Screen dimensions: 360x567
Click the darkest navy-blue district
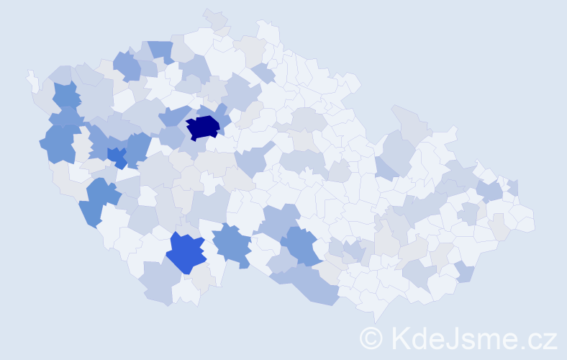[202, 127]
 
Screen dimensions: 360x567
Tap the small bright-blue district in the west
[117, 156]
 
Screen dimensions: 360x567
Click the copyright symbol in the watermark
[372, 337]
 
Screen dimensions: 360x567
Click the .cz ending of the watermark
[537, 337]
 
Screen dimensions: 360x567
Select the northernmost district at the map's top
[214, 18]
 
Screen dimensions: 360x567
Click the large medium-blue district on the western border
[59, 143]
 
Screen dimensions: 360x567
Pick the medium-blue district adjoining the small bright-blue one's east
[136, 148]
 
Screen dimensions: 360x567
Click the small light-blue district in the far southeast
[465, 272]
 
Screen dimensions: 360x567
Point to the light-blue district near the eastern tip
[489, 192]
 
